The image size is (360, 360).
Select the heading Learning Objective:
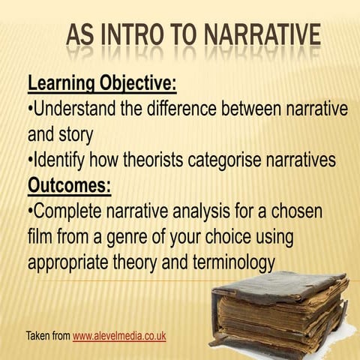pos(101,82)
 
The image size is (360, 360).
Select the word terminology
pos(231,263)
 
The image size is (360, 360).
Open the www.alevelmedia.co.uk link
pos(118,335)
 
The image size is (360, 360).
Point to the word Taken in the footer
pos(38,335)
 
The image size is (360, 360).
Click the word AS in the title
pos(80,34)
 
